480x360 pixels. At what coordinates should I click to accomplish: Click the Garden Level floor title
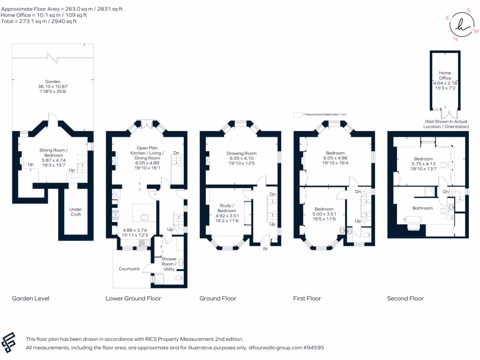click(x=30, y=299)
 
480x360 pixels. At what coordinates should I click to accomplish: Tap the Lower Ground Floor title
click(x=133, y=299)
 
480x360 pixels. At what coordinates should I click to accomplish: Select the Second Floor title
click(x=405, y=299)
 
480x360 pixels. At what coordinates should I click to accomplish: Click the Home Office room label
click(x=445, y=75)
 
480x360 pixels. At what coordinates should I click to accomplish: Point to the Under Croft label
click(x=75, y=212)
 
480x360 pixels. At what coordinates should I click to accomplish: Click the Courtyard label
click(x=129, y=269)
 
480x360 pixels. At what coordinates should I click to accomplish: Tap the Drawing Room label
click(x=241, y=153)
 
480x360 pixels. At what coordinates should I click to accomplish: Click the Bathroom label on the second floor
click(x=422, y=208)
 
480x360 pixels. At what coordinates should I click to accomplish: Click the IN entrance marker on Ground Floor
click(x=265, y=249)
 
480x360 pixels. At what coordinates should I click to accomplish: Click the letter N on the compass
click(x=455, y=39)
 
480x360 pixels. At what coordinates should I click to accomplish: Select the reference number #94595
click(x=313, y=348)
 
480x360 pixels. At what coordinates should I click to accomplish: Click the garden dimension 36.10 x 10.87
click(x=52, y=87)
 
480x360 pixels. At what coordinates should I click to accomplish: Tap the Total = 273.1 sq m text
click(x=39, y=21)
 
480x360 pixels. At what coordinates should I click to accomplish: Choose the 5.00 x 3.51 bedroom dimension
click(x=323, y=214)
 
